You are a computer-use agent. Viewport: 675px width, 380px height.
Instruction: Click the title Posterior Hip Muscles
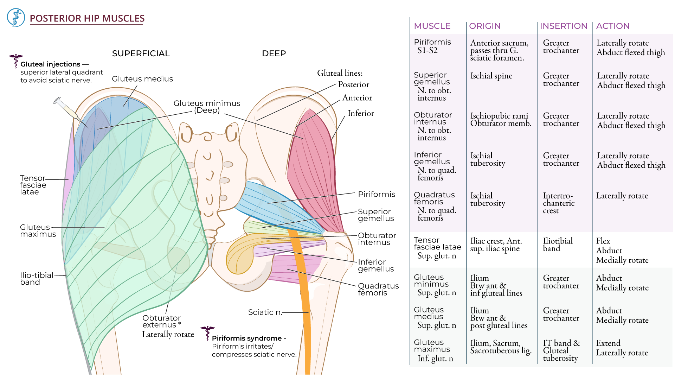click(87, 18)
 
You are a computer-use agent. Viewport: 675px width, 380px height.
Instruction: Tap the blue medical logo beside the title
click(16, 18)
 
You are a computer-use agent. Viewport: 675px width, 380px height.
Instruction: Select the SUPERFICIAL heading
click(141, 53)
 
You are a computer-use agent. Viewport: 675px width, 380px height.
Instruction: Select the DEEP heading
click(274, 53)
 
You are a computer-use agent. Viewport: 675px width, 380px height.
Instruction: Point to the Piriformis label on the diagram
click(376, 194)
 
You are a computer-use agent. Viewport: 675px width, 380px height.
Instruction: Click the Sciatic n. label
click(265, 312)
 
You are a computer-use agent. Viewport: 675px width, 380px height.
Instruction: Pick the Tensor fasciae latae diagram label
click(33, 185)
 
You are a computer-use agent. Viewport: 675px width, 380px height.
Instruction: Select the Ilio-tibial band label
click(37, 279)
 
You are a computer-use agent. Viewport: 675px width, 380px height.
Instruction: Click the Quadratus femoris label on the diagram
click(378, 289)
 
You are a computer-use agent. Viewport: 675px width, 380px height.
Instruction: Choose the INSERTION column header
click(563, 26)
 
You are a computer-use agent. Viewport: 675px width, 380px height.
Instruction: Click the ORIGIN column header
click(484, 26)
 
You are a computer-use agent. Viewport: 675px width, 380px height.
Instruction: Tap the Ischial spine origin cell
click(491, 76)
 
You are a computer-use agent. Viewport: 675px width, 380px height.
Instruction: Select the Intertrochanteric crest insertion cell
click(558, 203)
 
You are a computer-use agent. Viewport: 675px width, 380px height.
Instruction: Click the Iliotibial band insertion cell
click(558, 245)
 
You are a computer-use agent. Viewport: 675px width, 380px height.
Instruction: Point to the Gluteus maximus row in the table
click(432, 346)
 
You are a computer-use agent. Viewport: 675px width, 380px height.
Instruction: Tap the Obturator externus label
click(161, 321)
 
